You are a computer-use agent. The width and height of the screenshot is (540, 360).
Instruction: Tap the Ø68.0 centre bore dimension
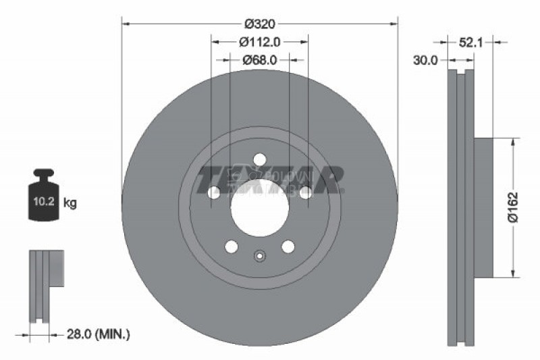(261, 60)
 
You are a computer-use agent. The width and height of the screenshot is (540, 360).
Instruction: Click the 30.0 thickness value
(426, 60)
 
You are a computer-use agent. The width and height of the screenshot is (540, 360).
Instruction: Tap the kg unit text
(70, 203)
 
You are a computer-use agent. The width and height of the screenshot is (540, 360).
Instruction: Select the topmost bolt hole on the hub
(259, 160)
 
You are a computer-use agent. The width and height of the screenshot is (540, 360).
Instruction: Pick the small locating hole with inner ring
(259, 256)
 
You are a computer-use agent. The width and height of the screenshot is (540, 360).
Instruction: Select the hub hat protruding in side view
(483, 207)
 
